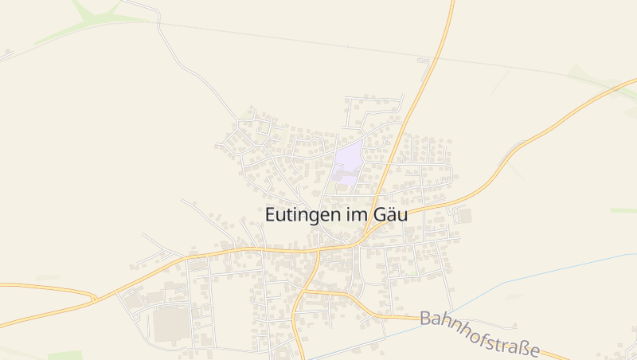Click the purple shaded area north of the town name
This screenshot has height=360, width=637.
click(348, 163)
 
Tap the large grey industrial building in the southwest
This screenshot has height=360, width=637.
click(167, 325)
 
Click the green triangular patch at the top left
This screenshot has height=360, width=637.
click(92, 11)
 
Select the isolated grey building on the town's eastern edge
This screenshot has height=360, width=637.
click(464, 215)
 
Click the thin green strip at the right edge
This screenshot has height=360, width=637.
click(623, 210)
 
